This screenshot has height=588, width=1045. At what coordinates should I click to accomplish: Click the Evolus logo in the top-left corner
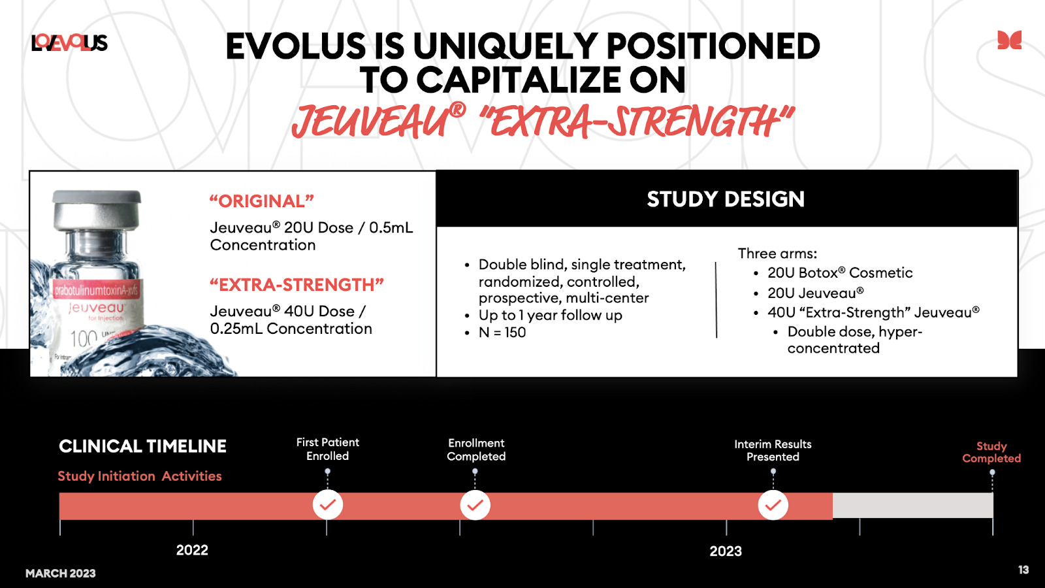coord(69,43)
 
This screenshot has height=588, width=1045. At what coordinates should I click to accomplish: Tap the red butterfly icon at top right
coord(1009,41)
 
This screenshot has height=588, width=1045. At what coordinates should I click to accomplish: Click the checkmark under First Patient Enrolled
coord(328,505)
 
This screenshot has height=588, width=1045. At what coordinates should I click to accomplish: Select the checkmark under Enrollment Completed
coord(475,505)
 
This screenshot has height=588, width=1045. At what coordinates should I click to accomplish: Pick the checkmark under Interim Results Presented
coord(773,505)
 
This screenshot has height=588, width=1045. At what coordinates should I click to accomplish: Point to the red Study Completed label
coord(991,452)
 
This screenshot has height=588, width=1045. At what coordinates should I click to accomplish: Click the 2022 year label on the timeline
coord(192,550)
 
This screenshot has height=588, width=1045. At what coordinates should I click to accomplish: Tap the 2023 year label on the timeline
coord(726,551)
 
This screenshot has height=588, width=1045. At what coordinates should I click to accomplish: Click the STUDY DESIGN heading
coord(726,199)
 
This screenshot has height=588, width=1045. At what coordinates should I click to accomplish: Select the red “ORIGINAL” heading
coord(261,201)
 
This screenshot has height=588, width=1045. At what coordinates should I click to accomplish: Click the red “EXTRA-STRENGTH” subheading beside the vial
coord(297,285)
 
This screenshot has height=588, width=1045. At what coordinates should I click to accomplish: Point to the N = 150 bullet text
coord(502,333)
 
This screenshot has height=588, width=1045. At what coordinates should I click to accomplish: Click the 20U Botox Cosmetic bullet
coord(840,273)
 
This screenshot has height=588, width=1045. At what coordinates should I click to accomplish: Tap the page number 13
coord(1023,570)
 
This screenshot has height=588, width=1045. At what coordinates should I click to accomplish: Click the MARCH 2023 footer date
coord(61,574)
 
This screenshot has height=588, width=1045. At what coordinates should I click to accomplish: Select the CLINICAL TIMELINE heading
coord(142,446)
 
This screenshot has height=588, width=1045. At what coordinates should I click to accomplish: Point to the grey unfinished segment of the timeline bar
coord(912,506)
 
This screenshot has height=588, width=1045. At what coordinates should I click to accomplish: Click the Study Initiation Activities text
coord(140,476)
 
